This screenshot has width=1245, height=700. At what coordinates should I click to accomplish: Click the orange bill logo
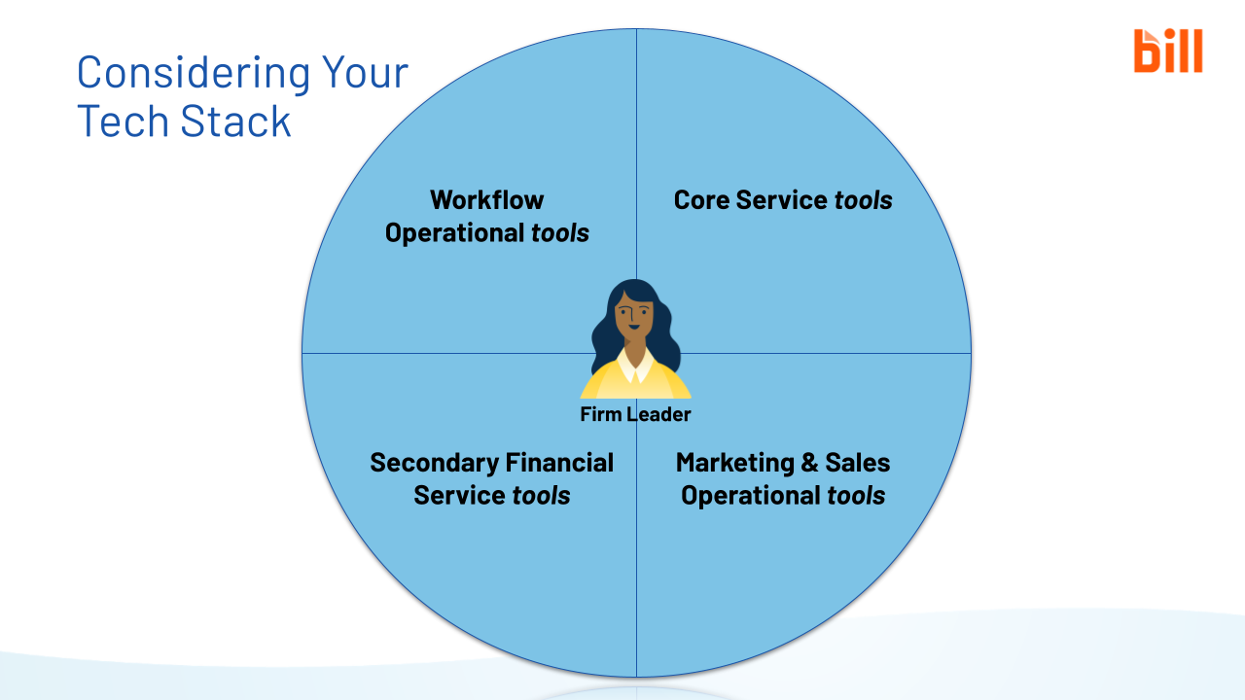(x=1167, y=51)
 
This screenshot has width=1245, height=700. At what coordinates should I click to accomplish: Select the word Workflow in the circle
(x=486, y=200)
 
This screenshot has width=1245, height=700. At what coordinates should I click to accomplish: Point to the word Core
(x=701, y=200)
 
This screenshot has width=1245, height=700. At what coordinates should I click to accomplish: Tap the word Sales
(x=858, y=463)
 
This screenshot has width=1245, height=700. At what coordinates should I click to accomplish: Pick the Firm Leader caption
(x=635, y=415)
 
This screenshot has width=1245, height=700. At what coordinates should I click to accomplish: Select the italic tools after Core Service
(x=863, y=200)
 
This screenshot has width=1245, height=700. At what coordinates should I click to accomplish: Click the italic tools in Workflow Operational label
(x=560, y=233)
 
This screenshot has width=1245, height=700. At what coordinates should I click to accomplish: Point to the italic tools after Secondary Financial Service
(x=541, y=496)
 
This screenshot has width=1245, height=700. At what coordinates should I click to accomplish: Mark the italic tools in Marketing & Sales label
(x=856, y=496)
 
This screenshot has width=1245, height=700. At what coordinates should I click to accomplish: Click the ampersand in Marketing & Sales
(x=809, y=463)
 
